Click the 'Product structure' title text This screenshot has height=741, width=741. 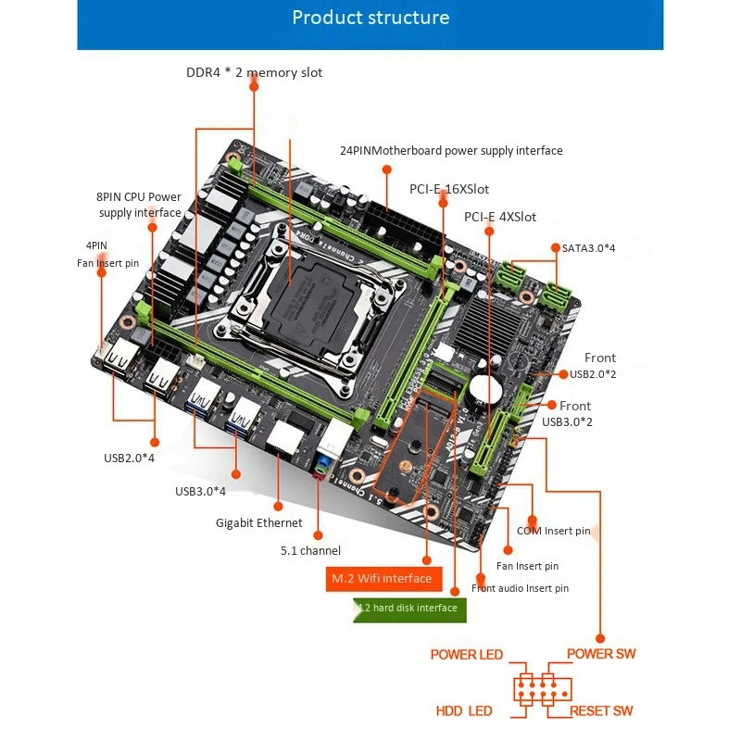pos(370,18)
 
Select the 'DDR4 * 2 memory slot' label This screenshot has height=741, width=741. pos(254,72)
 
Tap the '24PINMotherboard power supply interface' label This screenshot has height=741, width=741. pos(451,150)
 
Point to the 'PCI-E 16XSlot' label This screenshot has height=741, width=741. pos(449,189)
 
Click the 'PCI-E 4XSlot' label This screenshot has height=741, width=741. pos(500,217)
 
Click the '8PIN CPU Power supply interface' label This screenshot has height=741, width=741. pos(139,205)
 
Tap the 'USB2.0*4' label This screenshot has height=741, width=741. pos(129,458)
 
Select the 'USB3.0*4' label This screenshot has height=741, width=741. pos(200,491)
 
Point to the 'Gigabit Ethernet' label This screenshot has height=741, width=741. pos(259,522)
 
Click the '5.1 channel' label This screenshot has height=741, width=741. pos(310,550)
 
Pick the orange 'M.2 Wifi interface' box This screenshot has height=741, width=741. pos(381,578)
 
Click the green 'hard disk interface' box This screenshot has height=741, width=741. pos(409,609)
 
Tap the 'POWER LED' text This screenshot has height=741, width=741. pos(466,655)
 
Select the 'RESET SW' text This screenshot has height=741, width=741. pos(601,711)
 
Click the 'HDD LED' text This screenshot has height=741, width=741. pos(464,711)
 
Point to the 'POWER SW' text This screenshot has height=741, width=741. pos(601,654)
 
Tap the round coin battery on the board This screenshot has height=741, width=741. pos(484,387)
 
